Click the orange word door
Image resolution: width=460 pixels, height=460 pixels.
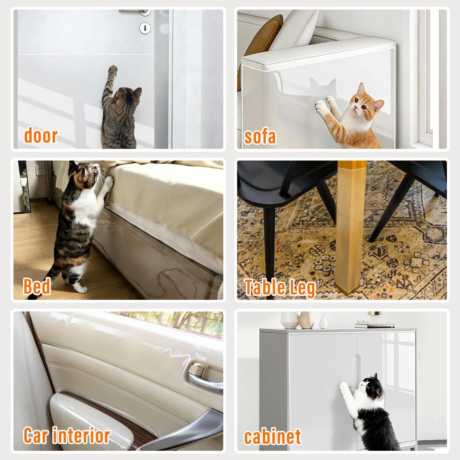point(41,136)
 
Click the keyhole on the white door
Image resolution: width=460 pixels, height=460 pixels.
point(145,28)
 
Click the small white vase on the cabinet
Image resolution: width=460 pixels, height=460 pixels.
point(323,321)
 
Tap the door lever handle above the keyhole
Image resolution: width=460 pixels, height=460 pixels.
point(135,12)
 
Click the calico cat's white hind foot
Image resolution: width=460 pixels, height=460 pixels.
point(80,289)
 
